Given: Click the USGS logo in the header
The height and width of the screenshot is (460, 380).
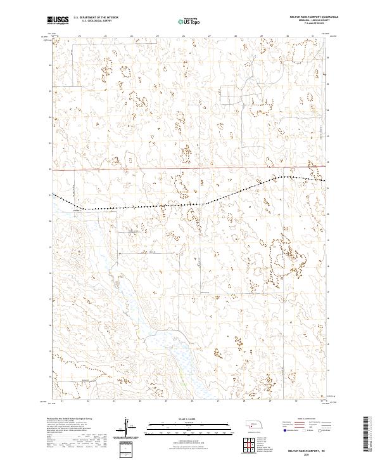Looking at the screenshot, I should (58, 20).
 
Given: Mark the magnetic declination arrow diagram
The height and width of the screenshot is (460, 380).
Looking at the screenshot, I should (134, 428).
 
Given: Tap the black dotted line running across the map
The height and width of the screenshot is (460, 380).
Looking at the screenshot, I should (158, 206).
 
